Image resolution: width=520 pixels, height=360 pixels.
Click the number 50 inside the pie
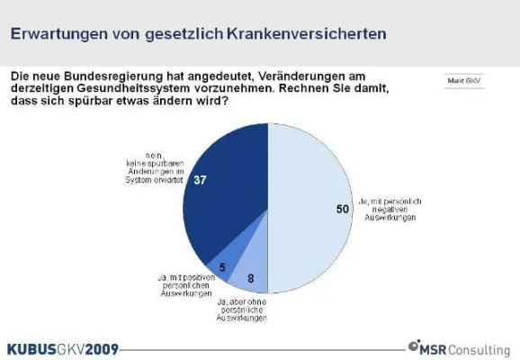pyautogui.click(x=340, y=209)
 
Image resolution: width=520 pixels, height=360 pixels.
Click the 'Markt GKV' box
pyautogui.click(x=462, y=80)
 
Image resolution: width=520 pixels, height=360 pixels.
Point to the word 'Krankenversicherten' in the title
pyautogui.click(x=306, y=34)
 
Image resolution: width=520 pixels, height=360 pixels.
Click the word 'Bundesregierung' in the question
pyautogui.click(x=116, y=77)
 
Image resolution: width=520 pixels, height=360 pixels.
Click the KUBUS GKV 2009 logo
pyautogui.click(x=61, y=346)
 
